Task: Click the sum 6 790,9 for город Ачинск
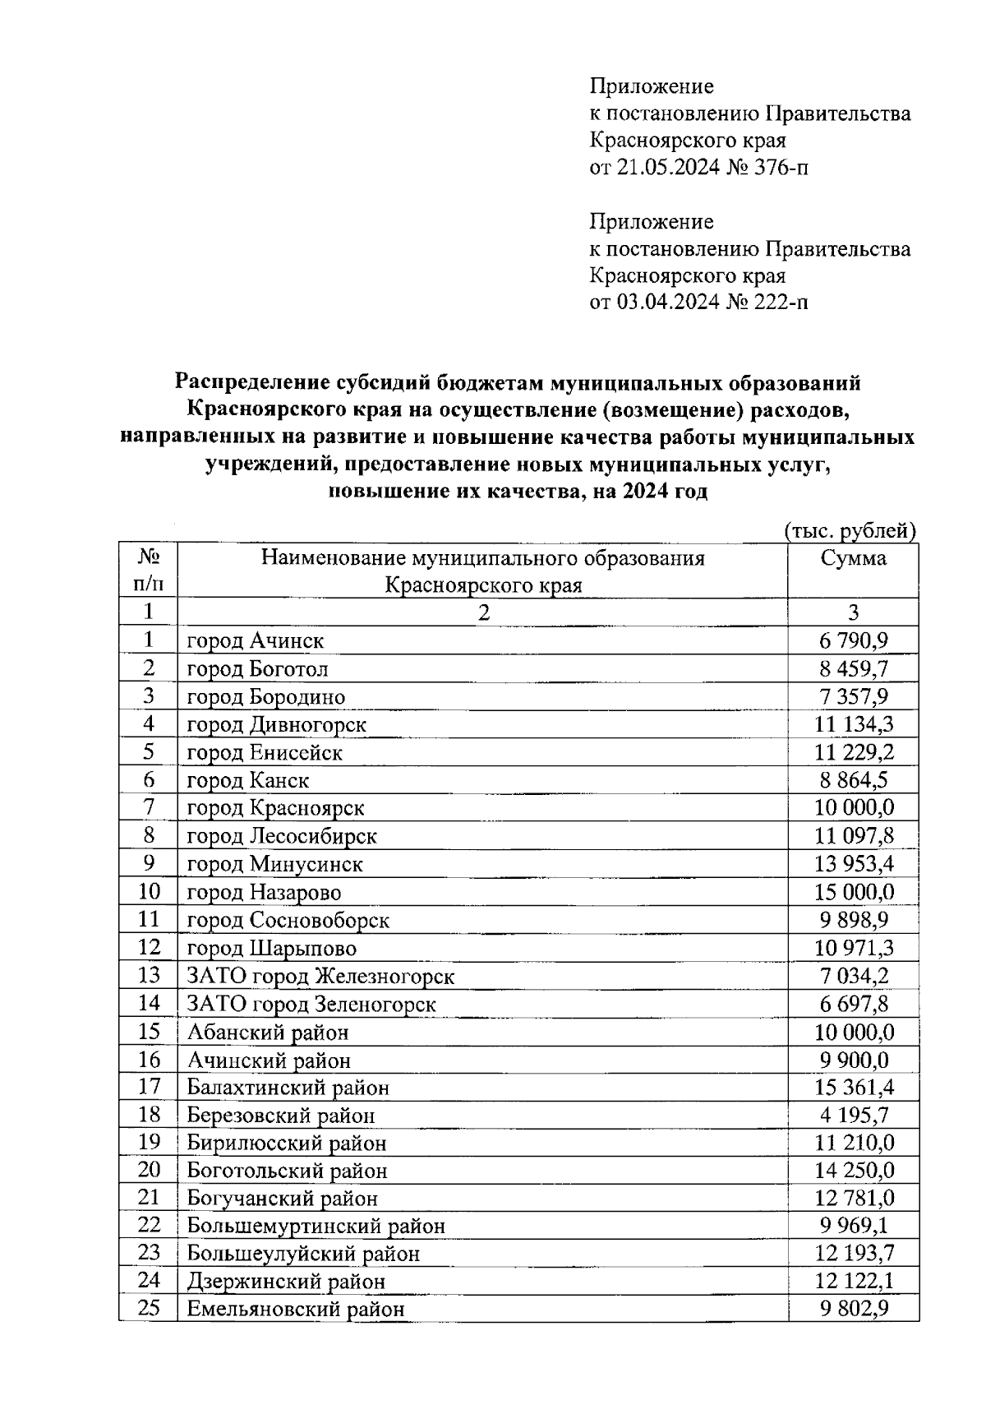[854, 640]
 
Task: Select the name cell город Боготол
[257, 669]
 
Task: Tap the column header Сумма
[854, 559]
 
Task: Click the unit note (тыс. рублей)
[850, 531]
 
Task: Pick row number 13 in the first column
[149, 976]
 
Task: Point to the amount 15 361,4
[854, 1088]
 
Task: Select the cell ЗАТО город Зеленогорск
[311, 1005]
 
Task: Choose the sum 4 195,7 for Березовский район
[854, 1116]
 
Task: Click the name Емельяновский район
[296, 1310]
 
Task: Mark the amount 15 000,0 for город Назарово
[854, 892]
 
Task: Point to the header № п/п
[148, 571]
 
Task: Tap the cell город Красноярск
[275, 808]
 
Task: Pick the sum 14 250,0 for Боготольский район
[854, 1171]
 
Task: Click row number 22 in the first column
[149, 1225]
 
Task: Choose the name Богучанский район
[283, 1199]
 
